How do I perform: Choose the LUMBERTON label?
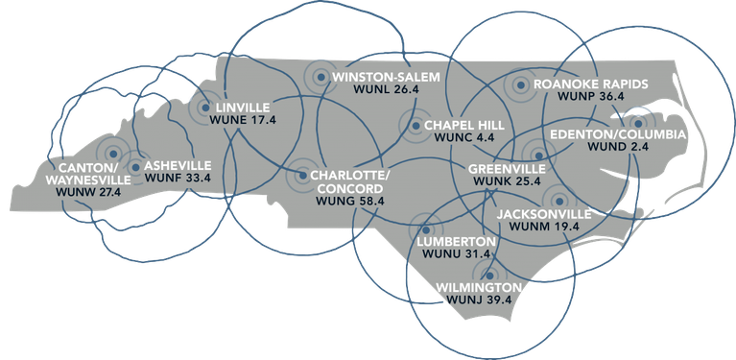pos(459,240)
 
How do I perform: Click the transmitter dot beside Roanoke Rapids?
pos(520,85)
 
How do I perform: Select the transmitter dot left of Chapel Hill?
pos(414,125)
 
